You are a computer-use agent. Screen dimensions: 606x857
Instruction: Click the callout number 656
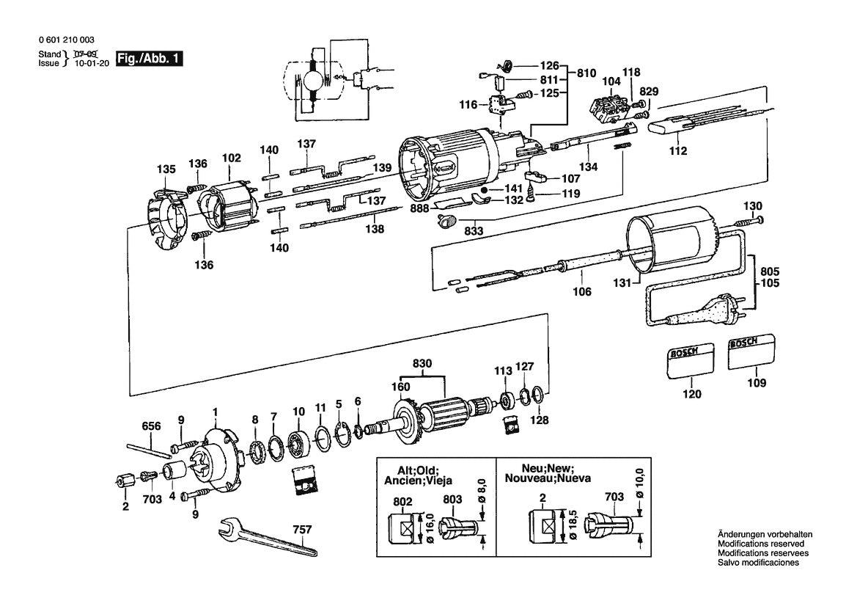(x=151, y=426)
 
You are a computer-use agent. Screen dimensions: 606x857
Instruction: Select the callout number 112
(x=678, y=152)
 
